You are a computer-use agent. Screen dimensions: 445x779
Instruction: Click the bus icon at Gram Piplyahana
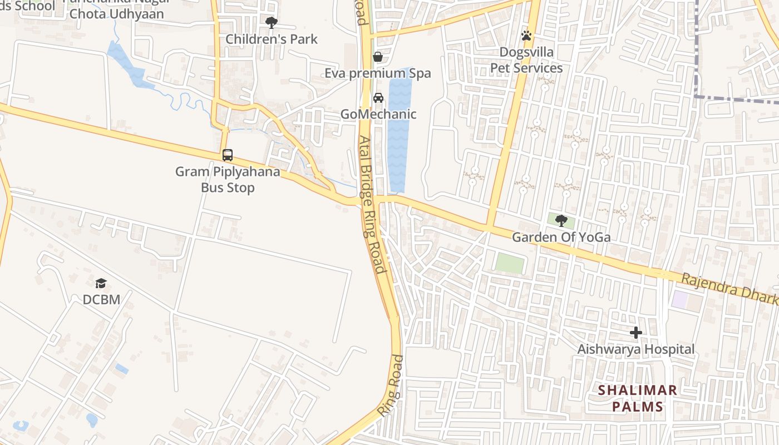point(228,155)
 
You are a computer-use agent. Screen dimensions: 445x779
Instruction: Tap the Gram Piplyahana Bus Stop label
point(228,180)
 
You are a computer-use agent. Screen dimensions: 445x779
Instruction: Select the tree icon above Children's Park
point(272,23)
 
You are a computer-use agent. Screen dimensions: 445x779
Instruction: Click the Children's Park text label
point(272,39)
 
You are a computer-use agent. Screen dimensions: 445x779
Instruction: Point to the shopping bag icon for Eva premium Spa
point(378,57)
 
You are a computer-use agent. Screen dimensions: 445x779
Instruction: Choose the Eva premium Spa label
point(378,73)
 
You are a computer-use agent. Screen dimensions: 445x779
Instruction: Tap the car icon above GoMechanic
point(378,98)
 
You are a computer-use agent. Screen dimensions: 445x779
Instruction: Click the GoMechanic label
point(378,115)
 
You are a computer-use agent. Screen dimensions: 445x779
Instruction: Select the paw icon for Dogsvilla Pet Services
point(526,36)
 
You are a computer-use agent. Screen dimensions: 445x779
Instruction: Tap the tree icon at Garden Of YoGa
point(561,221)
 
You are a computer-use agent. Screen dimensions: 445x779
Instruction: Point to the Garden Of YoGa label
point(561,238)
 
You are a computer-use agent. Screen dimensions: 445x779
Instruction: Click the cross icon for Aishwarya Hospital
point(636,333)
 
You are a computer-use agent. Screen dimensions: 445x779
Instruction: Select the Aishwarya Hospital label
point(636,349)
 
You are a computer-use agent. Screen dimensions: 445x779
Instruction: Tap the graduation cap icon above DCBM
point(101,284)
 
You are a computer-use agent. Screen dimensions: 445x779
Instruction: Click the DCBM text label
point(101,300)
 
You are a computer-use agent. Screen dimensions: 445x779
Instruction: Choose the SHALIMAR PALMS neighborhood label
point(638,398)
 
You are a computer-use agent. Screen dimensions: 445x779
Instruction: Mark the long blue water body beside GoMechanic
point(400,133)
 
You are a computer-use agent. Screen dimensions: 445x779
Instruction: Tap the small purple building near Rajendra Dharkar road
point(679,299)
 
